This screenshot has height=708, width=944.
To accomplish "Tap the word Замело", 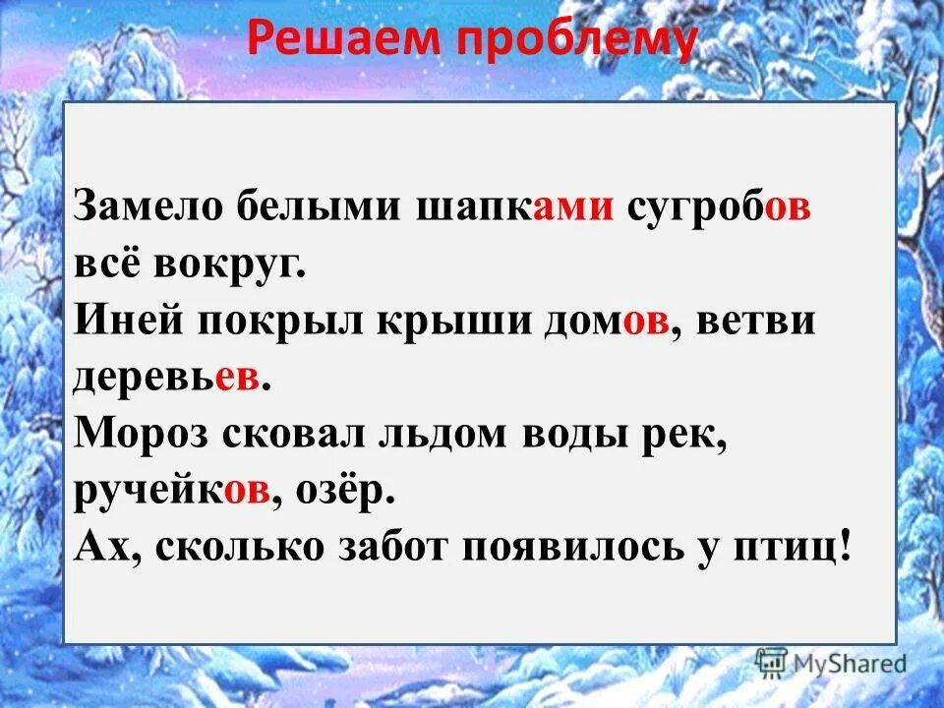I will [148, 207].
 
